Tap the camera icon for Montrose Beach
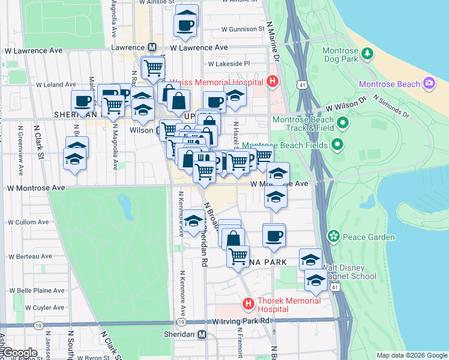(x=429, y=84)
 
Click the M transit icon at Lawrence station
(x=152, y=47)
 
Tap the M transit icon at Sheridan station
(x=202, y=334)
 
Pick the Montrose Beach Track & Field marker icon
(x=343, y=124)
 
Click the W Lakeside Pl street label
(x=229, y=64)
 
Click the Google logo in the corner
(x=19, y=353)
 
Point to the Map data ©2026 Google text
(x=411, y=355)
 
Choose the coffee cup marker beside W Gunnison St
(x=185, y=25)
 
